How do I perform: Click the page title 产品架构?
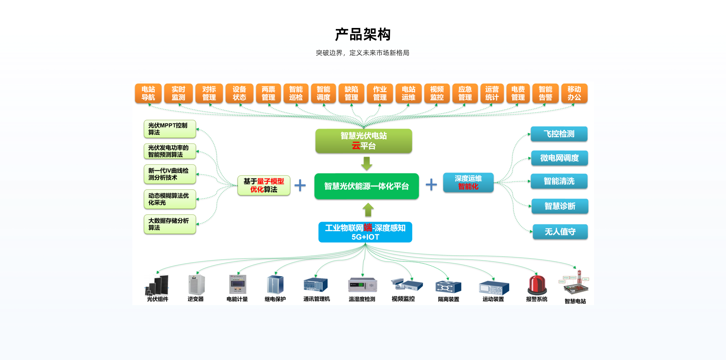363,34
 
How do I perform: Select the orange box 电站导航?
148,93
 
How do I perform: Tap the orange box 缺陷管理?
351,93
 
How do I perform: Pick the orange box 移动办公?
574,93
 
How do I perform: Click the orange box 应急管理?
465,93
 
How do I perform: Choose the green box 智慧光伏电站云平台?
364,141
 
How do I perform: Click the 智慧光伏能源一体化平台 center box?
366,186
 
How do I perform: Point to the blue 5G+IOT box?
365,232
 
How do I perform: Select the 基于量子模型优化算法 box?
264,185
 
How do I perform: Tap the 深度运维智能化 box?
468,182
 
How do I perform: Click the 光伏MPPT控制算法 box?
170,129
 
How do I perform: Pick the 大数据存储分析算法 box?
170,224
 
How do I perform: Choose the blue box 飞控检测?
559,134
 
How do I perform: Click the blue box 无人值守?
560,232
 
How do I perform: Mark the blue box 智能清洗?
559,181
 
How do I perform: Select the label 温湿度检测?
362,299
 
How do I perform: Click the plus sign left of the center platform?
300,185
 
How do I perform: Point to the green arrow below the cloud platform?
366,163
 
